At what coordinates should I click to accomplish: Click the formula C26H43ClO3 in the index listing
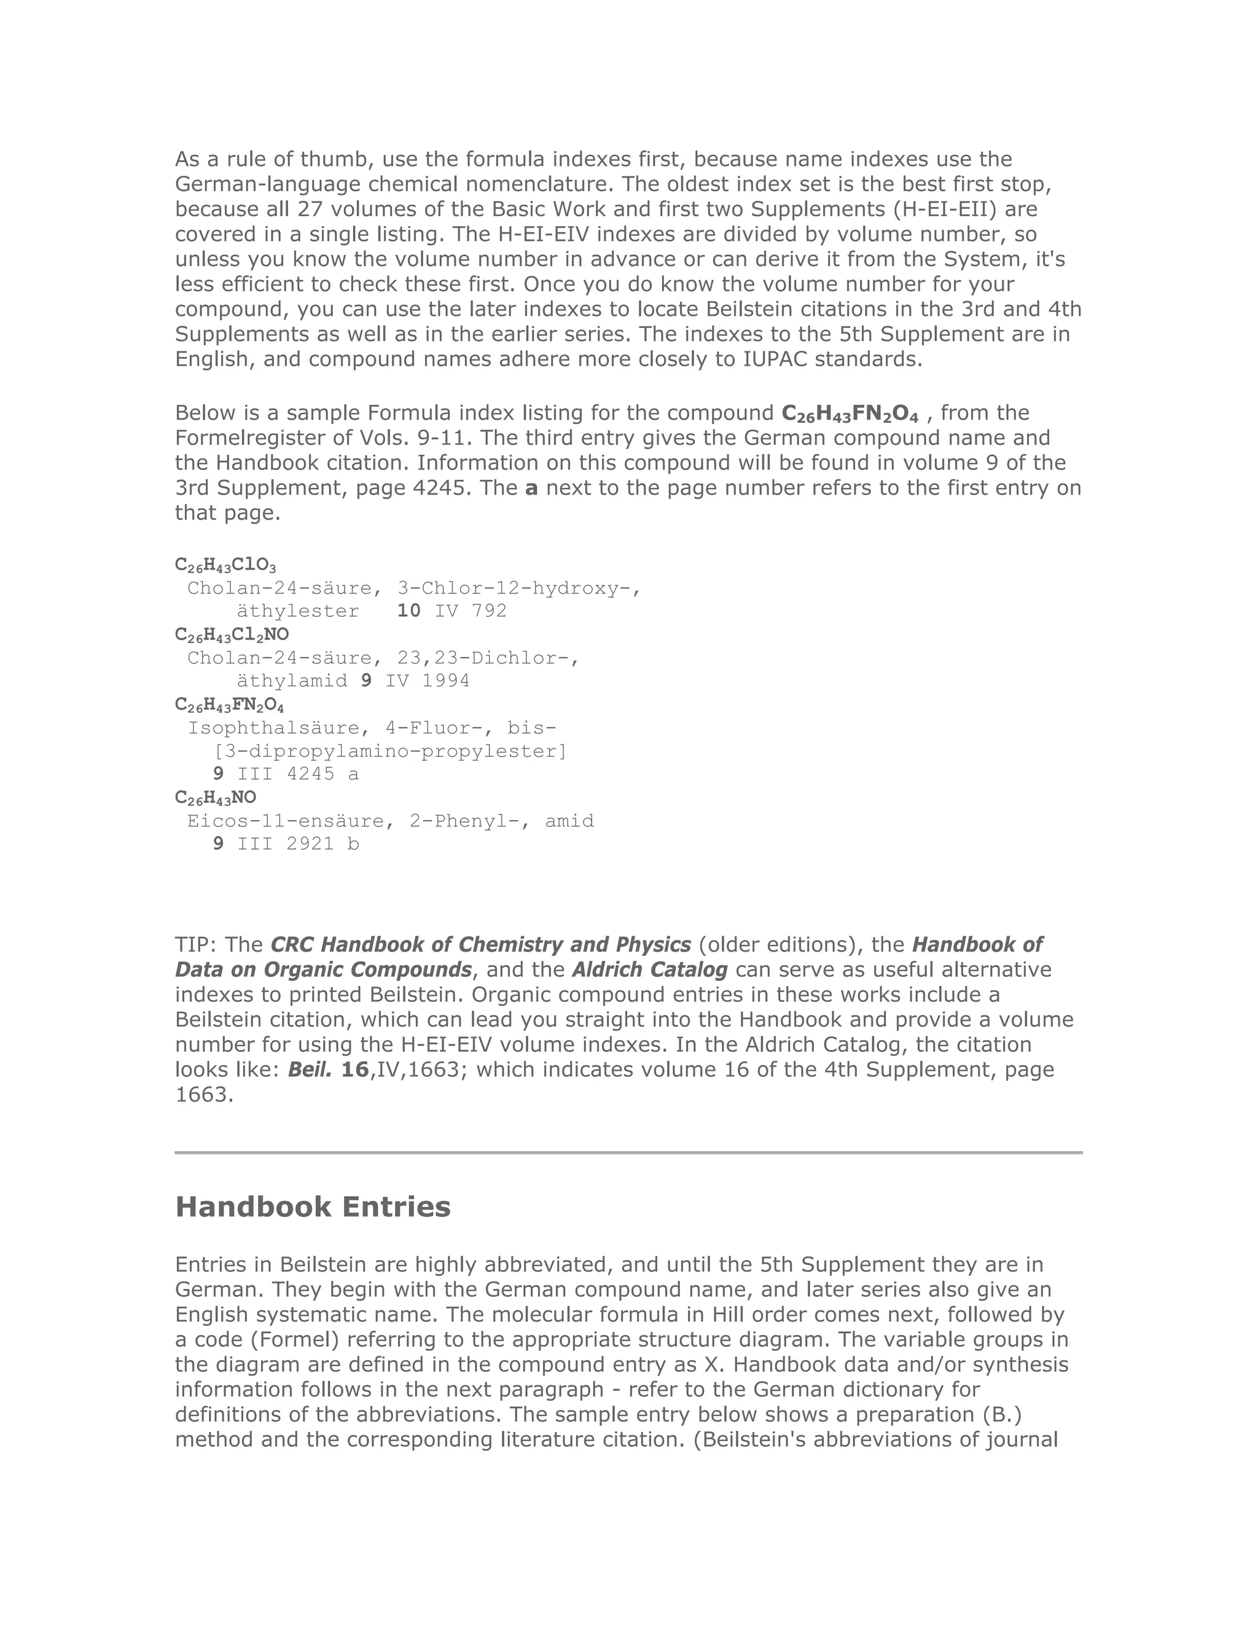(225, 565)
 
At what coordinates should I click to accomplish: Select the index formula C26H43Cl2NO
(232, 635)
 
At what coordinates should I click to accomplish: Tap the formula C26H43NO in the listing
(216, 797)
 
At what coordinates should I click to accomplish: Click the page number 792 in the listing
(489, 611)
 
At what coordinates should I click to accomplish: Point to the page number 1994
(446, 681)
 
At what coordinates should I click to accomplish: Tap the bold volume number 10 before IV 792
(408, 611)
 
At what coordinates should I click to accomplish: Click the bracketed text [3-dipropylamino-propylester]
(390, 751)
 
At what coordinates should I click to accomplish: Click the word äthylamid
(291, 681)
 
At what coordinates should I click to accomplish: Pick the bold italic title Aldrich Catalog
(650, 970)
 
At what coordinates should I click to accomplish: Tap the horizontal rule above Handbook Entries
(628, 1153)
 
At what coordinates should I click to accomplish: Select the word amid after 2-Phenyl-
(569, 821)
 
